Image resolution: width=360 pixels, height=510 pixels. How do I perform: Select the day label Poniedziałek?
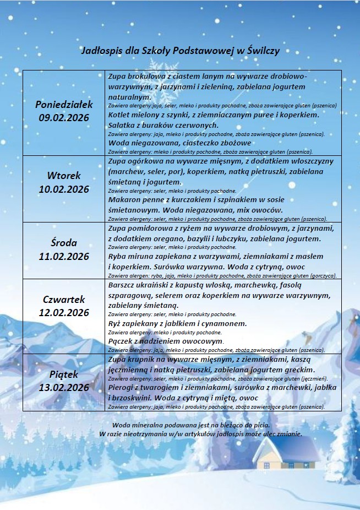(x=64, y=104)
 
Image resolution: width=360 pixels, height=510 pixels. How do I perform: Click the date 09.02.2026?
(x=64, y=117)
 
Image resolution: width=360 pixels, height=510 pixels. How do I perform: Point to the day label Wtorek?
(x=64, y=176)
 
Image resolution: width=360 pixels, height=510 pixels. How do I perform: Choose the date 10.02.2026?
(x=64, y=189)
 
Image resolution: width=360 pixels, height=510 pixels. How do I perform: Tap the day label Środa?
(x=64, y=243)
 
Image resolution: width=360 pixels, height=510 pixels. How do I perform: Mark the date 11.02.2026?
(x=64, y=256)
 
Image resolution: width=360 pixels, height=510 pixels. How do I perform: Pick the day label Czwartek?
(x=64, y=300)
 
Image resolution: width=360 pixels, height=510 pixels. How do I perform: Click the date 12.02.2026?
(x=64, y=313)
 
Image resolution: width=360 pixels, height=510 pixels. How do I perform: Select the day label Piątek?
(x=64, y=375)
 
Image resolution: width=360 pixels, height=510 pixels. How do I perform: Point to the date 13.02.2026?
(x=64, y=388)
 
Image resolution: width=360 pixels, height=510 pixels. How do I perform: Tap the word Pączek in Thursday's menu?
(x=122, y=341)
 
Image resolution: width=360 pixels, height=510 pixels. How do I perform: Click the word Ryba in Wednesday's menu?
(x=118, y=256)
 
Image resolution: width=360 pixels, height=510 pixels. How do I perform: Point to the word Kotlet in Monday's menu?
(x=121, y=115)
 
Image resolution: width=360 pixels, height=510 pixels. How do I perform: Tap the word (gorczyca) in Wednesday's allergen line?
(x=324, y=275)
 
